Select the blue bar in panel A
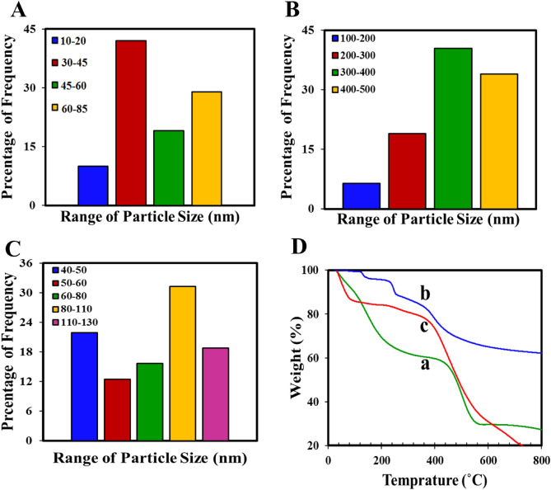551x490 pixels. point(93,186)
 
